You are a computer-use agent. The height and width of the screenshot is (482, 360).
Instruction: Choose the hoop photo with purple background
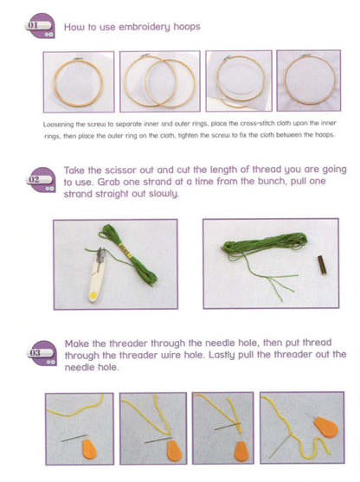point(306,80)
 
